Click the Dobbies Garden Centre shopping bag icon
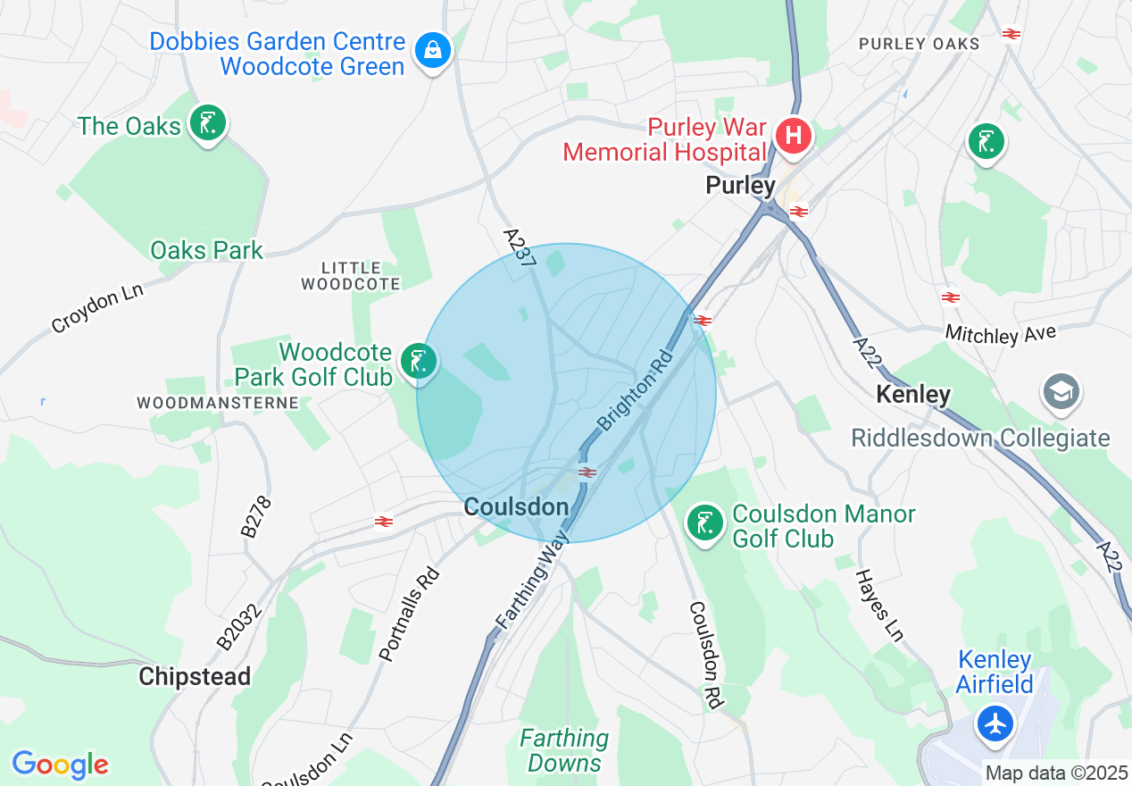pos(433,50)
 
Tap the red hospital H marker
pos(793,137)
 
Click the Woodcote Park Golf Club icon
pos(417,361)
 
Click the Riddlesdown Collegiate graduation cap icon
pos(1061,392)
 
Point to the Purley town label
pos(740,186)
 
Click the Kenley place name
pos(913,394)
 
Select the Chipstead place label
pos(195,676)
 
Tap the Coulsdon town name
pos(516,507)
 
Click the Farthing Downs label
pos(564,750)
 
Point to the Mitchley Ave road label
pos(1001,335)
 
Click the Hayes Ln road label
pos(880,606)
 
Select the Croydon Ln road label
pos(97,306)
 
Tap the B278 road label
pos(255,516)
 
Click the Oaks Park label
pos(206,250)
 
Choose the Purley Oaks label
pos(919,43)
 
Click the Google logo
pos(60,765)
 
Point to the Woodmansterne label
pos(218,403)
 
